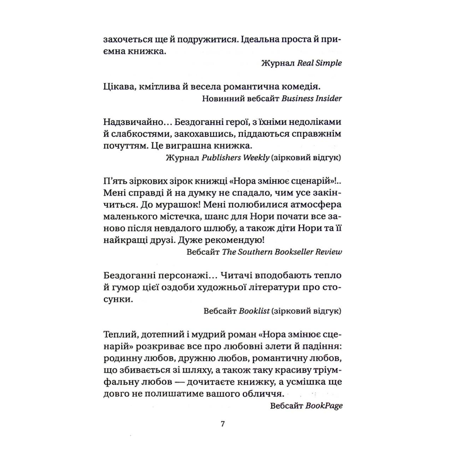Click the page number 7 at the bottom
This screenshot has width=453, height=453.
(x=222, y=424)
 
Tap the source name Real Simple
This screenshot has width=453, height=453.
(x=319, y=63)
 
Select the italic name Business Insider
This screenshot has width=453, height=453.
(x=311, y=99)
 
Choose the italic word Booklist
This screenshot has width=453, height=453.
(x=254, y=311)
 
